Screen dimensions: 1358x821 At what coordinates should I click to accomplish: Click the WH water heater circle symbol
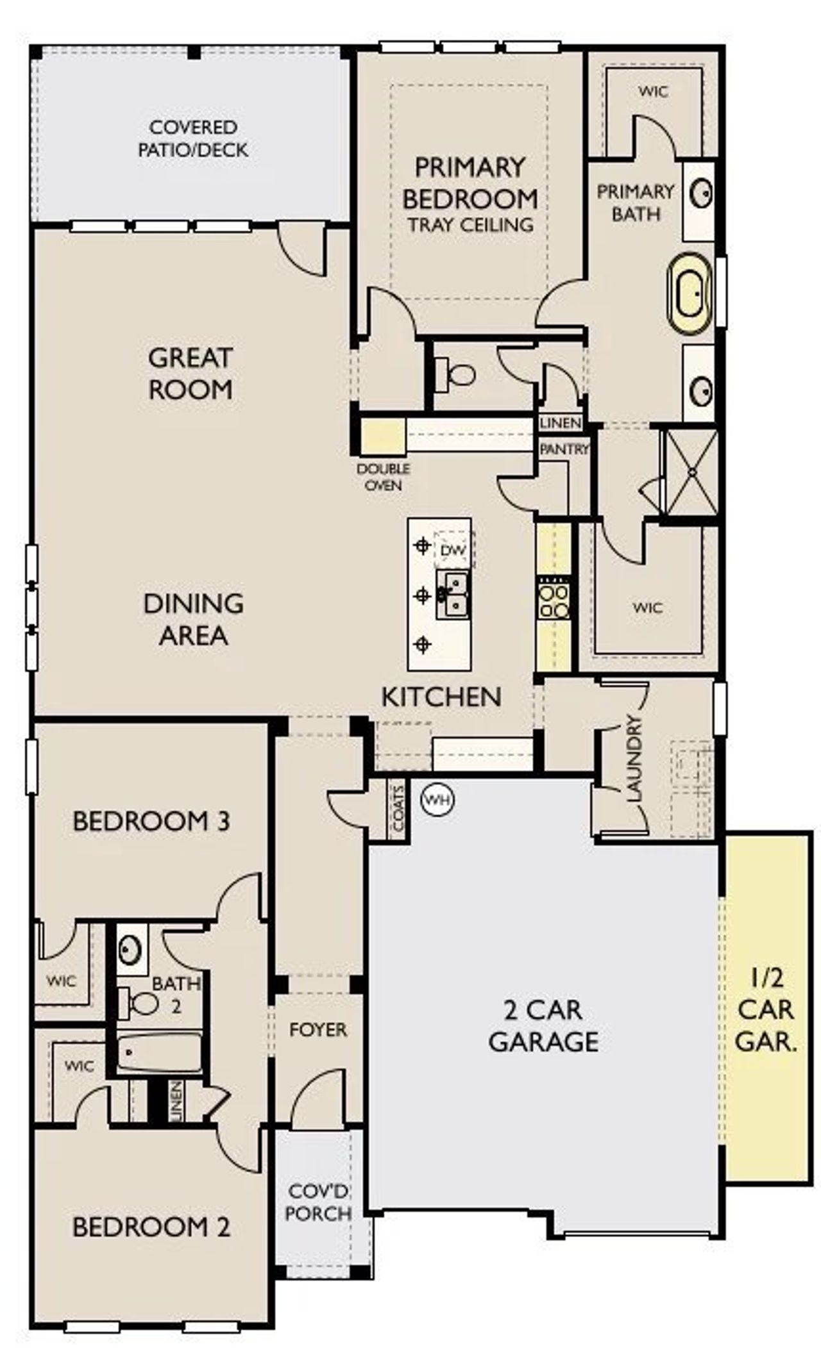tap(437, 800)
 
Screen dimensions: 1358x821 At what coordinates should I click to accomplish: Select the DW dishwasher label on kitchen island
tap(453, 551)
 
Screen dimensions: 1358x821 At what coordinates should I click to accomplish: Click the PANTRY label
tap(563, 449)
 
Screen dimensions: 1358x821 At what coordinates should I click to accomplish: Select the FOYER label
tap(317, 1030)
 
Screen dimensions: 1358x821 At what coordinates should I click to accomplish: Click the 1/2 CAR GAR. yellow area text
tap(766, 1009)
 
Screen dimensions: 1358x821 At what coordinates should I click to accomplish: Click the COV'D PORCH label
tap(317, 1202)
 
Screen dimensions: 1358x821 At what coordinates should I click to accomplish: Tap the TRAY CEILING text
tap(470, 225)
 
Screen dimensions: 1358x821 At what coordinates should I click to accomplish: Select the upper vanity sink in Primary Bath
tap(700, 192)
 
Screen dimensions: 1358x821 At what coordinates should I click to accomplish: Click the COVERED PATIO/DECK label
tap(192, 138)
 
